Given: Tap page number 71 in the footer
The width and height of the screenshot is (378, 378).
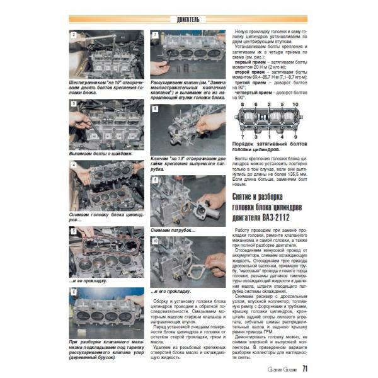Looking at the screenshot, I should tap(304, 368).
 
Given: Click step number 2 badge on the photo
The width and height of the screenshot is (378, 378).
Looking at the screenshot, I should tap(74, 36).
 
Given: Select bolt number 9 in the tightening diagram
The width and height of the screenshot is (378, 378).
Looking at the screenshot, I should tap(295, 135).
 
